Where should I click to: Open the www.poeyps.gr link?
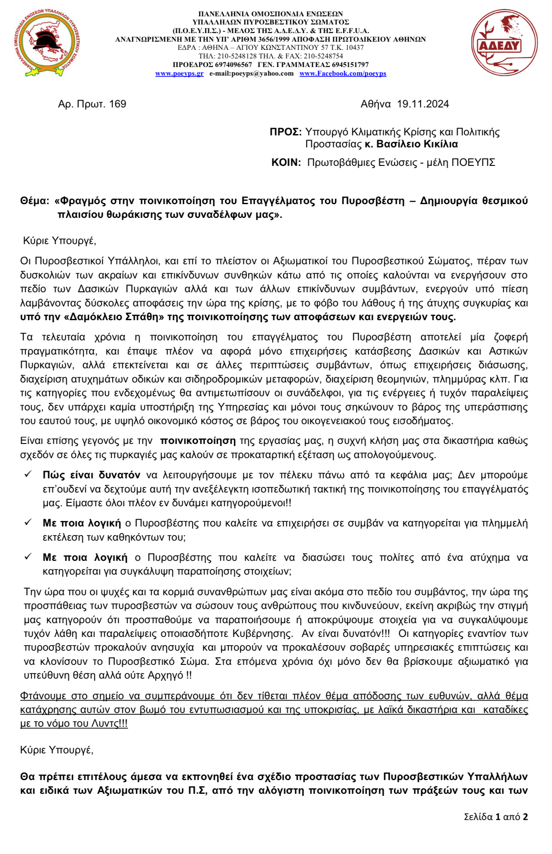(x=179, y=73)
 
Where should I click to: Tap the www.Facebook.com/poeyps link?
(x=343, y=73)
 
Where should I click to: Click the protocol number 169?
(x=117, y=104)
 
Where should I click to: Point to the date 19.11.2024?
(x=423, y=104)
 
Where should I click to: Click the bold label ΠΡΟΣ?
(x=286, y=132)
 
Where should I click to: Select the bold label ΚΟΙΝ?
(x=286, y=162)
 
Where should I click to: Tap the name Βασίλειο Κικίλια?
(x=417, y=144)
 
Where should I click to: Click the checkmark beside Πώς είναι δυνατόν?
(x=28, y=474)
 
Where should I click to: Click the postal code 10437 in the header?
(x=355, y=48)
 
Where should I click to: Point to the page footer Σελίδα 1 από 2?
(x=495, y=817)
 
